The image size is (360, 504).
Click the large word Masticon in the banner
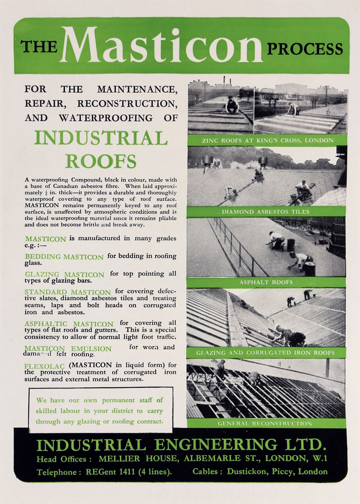(161, 46)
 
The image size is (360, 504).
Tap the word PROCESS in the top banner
(305, 49)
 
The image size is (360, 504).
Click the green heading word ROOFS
(101, 161)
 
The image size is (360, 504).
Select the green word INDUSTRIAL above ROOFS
(101, 138)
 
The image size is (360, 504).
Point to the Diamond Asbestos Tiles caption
(266, 212)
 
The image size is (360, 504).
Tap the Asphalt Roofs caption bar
(266, 283)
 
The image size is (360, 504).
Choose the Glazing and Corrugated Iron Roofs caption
(266, 353)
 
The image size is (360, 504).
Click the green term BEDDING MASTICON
(64, 257)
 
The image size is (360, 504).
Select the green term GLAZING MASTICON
(64, 274)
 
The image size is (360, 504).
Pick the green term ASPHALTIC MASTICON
(69, 324)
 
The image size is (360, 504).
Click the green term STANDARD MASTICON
(68, 292)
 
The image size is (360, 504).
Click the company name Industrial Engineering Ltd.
(181, 445)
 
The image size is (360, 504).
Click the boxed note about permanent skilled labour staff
(101, 410)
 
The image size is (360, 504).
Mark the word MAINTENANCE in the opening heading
(137, 89)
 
